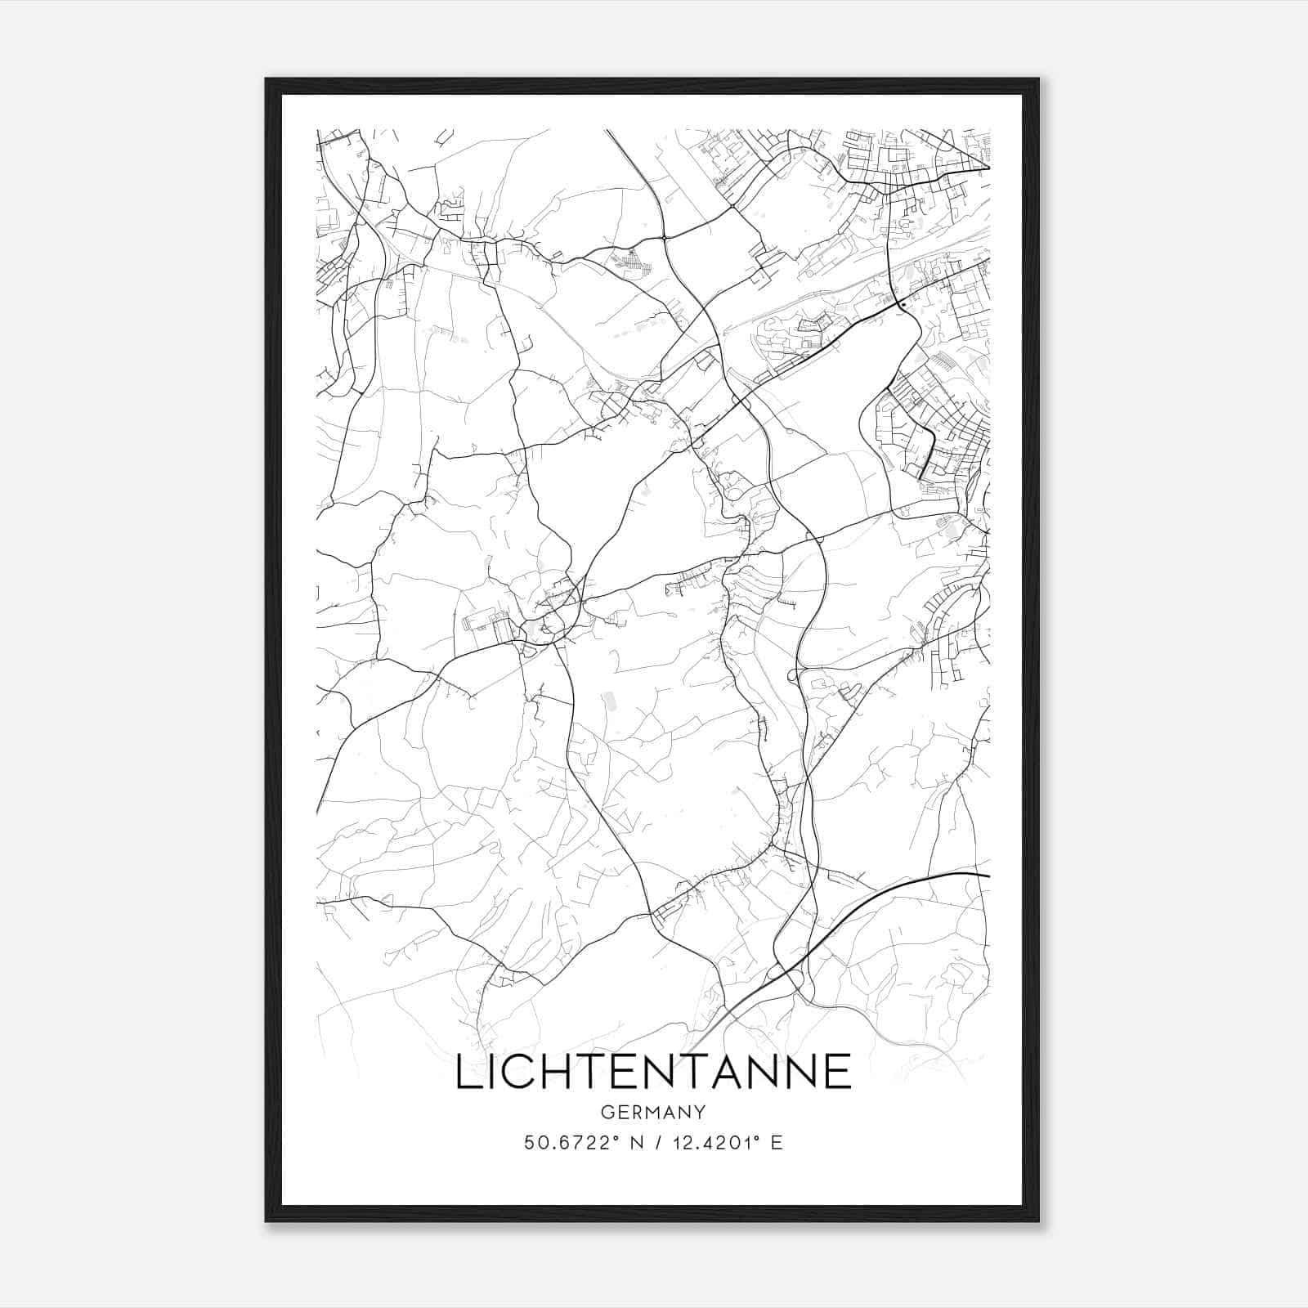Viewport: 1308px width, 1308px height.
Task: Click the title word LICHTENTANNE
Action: [652, 1072]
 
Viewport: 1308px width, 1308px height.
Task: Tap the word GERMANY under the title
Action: [652, 1112]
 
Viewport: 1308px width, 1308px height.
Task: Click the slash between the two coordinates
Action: [648, 1142]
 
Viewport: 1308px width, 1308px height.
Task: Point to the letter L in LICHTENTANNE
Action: [467, 1072]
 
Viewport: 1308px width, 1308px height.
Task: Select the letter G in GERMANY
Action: [606, 1112]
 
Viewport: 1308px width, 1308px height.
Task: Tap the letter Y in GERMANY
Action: [700, 1112]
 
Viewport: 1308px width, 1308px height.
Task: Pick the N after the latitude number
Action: [627, 1142]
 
